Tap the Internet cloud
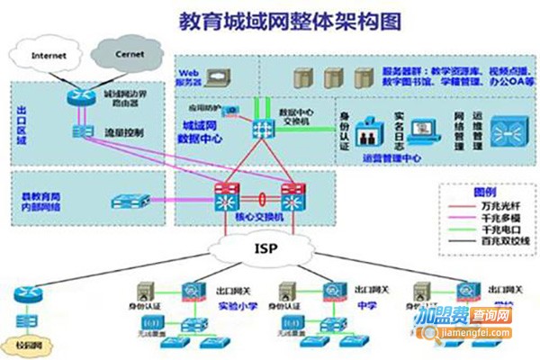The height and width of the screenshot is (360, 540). pos(49,56)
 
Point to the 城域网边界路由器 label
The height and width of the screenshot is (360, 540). pos(127,97)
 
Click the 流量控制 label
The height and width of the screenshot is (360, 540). pos(123,133)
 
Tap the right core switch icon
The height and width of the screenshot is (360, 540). pos(292,196)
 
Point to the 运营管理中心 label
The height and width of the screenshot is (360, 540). pos(391,157)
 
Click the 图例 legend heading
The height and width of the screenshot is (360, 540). pos(484,192)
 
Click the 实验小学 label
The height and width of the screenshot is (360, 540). pos(233,304)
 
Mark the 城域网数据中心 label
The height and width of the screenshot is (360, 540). pos(203,132)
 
